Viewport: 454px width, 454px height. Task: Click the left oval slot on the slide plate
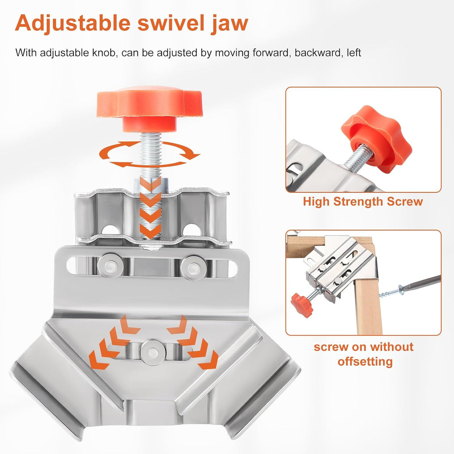74,265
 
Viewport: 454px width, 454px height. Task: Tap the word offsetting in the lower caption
365,361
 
